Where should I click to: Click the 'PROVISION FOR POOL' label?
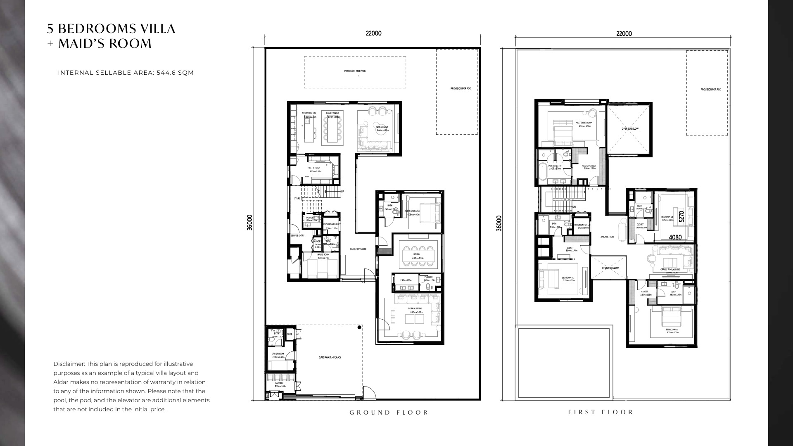tap(355, 71)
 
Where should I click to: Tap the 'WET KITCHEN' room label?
tap(314, 168)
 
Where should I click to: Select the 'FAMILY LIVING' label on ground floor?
tap(382, 128)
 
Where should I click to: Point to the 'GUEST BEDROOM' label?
tap(412, 211)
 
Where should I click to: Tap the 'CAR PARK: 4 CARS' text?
tap(330, 357)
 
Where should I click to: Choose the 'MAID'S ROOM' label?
tap(323, 255)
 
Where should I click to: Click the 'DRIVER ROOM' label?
tap(278, 354)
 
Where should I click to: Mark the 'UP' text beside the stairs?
tap(342, 192)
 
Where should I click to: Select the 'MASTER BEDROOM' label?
tap(584, 123)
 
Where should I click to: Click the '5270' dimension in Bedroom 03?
tap(681, 216)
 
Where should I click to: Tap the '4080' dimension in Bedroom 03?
tap(675, 237)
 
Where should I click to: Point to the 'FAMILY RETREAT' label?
tap(607, 237)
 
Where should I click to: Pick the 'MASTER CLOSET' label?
tap(589, 166)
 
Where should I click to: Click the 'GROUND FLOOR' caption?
tap(389, 412)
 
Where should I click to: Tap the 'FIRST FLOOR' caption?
tap(600, 412)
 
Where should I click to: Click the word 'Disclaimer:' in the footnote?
tap(69, 364)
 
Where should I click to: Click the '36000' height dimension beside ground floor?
tap(249, 223)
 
